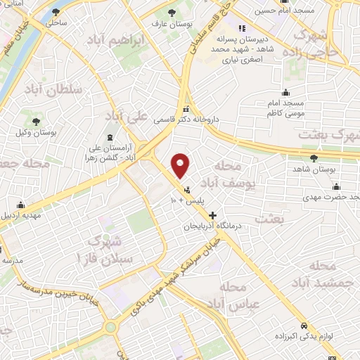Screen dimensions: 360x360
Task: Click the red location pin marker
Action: click(181, 166)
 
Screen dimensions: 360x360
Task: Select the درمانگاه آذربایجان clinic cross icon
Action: click(212, 215)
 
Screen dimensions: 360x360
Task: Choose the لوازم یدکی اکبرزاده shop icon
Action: click(303, 326)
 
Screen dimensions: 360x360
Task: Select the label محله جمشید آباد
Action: click(328, 274)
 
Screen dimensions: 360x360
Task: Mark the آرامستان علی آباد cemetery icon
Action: click(108, 138)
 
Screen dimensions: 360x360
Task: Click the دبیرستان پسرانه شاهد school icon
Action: click(241, 29)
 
